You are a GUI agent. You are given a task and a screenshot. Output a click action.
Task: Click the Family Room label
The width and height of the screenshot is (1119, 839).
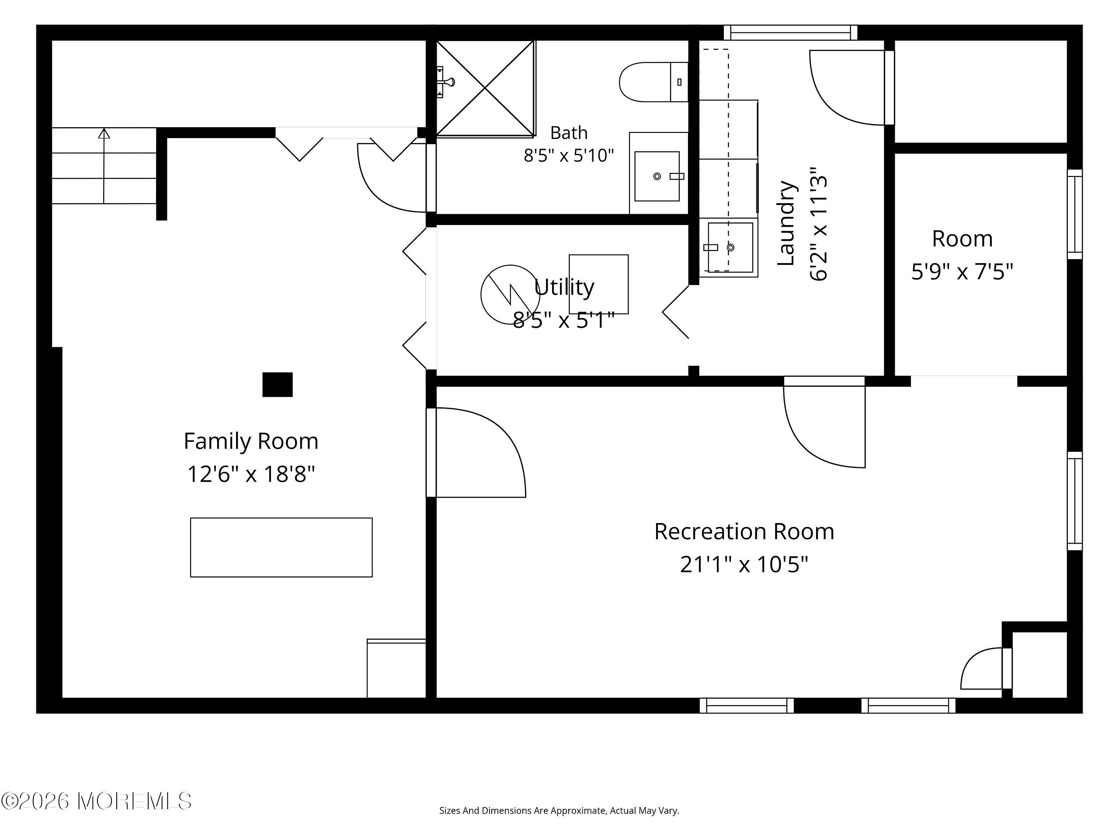251,441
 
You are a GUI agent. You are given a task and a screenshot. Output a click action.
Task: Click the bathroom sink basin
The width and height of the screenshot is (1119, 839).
657,176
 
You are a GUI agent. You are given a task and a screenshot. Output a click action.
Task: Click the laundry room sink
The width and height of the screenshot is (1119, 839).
730,247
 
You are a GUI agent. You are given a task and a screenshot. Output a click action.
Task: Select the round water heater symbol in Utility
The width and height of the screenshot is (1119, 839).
511,295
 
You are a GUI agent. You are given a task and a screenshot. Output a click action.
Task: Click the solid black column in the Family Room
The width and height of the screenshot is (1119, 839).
277,385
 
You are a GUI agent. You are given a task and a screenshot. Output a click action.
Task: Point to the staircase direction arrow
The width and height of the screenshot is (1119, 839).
104,166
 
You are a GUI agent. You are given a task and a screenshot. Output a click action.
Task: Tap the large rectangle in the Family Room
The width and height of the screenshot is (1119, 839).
281,547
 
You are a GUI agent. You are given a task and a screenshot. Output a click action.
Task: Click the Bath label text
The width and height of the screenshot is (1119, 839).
569,133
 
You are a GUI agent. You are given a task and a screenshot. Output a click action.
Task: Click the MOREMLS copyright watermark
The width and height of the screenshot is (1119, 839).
96,801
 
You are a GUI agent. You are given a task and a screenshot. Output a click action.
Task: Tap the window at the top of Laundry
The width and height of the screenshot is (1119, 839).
790,33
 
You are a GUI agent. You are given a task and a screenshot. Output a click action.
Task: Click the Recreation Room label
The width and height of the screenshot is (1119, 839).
744,531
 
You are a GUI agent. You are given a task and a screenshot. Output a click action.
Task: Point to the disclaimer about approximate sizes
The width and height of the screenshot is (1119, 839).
559,811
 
